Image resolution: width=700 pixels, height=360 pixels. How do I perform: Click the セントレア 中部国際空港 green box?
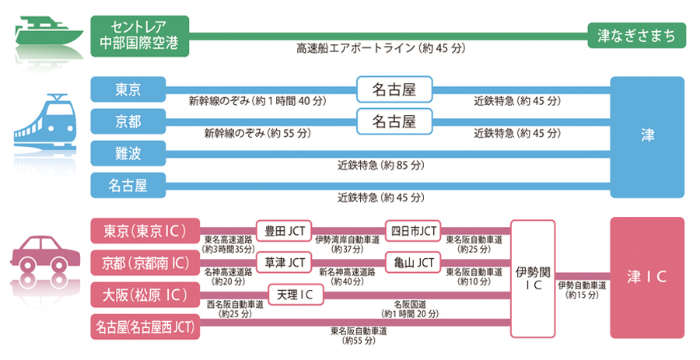139,35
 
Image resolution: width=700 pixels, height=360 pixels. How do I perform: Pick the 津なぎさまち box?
637,35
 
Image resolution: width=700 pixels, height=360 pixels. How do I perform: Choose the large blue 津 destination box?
647,136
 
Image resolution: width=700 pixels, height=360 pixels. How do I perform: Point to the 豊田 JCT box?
283,231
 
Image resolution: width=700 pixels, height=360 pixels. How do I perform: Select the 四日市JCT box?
414,231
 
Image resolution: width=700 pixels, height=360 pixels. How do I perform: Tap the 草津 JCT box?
283,263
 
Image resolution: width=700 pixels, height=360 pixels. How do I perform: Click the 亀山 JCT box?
414,263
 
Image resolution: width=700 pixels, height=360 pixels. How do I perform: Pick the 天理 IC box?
296,295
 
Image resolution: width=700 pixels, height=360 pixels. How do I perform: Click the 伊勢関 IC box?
533,278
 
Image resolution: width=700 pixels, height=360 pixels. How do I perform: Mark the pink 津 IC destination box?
647,278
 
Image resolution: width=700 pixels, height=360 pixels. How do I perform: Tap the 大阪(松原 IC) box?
146,295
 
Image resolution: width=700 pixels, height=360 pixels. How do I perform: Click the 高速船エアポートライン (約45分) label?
380,49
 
